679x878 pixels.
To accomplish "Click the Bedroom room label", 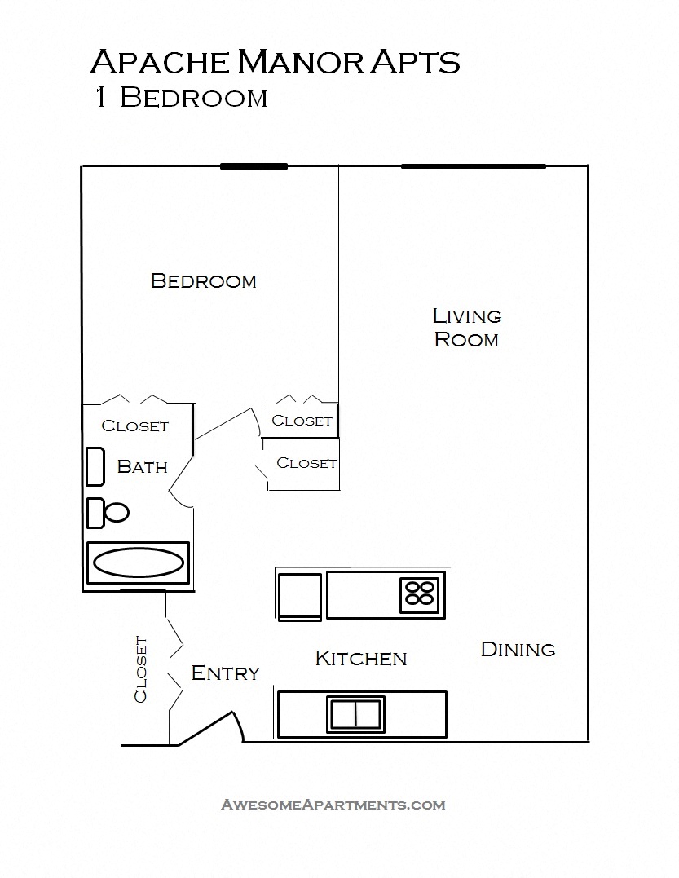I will [204, 281].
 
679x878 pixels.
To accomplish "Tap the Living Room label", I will [466, 328].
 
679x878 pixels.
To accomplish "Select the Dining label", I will [518, 650].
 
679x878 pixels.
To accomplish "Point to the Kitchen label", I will [360, 658].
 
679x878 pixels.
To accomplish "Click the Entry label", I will [225, 673].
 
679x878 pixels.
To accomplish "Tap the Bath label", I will [143, 466].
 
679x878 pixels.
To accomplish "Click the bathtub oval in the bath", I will [138, 563].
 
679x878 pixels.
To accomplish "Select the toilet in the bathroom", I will [108, 513].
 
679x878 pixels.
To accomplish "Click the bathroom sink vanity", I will [95, 466].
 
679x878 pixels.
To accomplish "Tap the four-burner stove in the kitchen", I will [421, 592].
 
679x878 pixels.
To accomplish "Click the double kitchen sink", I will [356, 714].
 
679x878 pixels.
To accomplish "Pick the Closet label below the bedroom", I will [135, 426].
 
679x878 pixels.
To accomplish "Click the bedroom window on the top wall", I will [254, 166].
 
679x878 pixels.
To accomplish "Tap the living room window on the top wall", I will [473, 166].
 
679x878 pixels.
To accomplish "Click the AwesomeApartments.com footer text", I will [333, 805].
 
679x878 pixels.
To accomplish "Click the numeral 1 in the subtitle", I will [99, 98].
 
